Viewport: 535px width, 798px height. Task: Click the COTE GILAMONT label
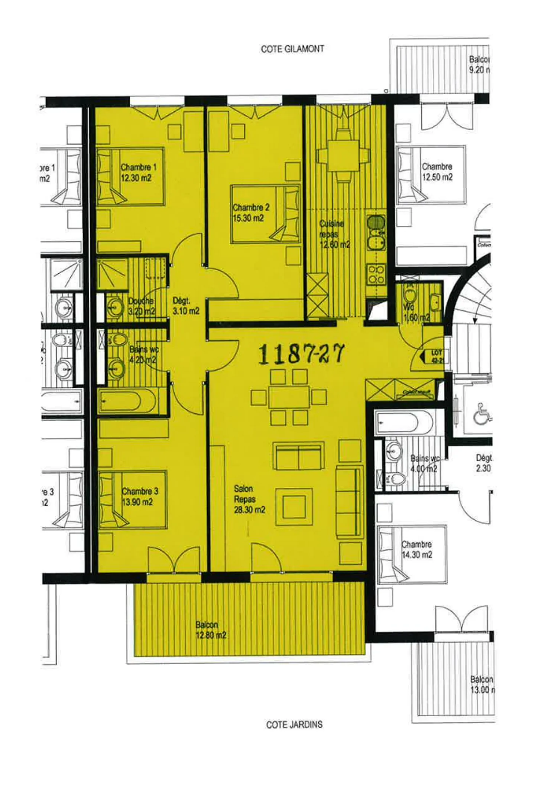(x=292, y=49)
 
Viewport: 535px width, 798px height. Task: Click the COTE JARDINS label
(x=294, y=724)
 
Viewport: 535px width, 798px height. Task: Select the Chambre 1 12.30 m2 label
(x=137, y=173)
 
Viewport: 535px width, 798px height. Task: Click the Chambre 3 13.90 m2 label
(x=139, y=496)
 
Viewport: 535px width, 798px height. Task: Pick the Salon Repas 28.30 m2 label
(x=249, y=499)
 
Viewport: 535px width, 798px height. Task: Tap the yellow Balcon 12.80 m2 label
(x=211, y=630)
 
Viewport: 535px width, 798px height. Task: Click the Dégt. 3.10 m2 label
(x=185, y=306)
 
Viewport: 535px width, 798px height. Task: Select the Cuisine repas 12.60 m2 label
(x=334, y=234)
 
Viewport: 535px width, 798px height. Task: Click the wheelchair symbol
(x=481, y=414)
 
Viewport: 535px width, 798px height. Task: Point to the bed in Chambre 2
(x=265, y=214)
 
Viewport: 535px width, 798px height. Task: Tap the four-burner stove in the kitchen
(x=376, y=275)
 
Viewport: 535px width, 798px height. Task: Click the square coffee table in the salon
(x=294, y=507)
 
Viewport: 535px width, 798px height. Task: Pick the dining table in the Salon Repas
(x=289, y=397)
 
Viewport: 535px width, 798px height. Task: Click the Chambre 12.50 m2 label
(x=437, y=172)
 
